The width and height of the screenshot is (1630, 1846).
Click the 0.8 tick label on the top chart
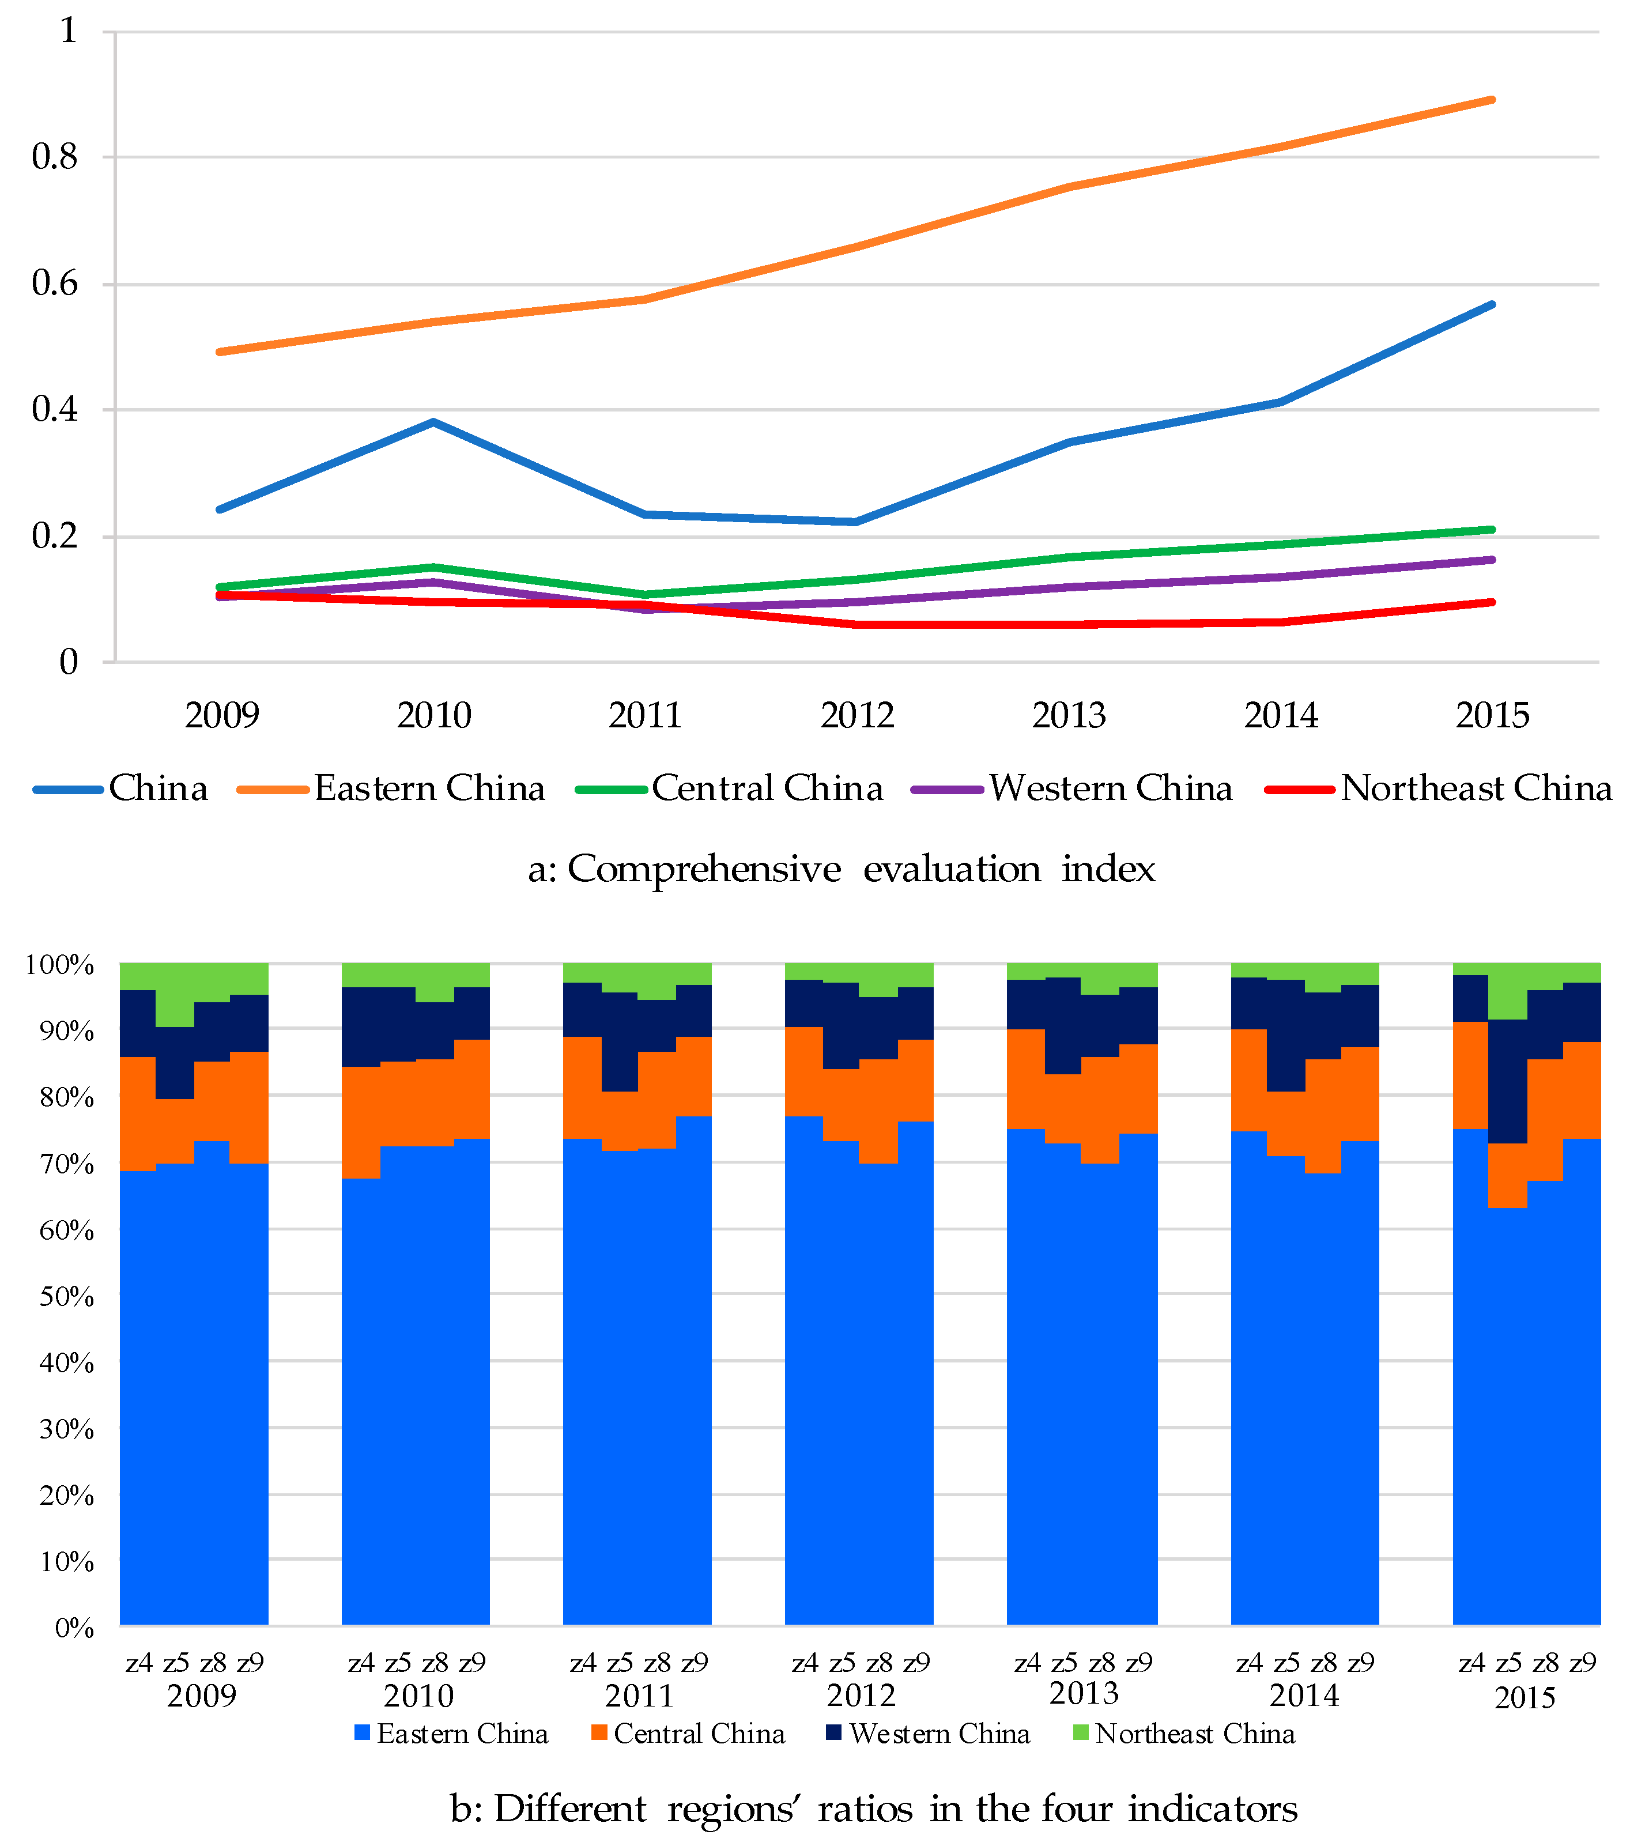[x=55, y=157]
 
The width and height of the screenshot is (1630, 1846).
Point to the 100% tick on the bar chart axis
[x=59, y=965]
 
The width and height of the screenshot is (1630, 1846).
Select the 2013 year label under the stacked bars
[x=1084, y=1693]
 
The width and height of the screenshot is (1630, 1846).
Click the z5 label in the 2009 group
[x=176, y=1662]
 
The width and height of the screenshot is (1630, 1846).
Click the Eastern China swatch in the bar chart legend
[x=362, y=1732]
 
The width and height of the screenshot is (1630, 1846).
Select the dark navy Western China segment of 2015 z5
[x=1507, y=1082]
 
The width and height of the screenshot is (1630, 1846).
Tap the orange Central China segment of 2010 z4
[x=361, y=1123]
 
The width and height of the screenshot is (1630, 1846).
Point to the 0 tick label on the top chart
[x=69, y=663]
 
